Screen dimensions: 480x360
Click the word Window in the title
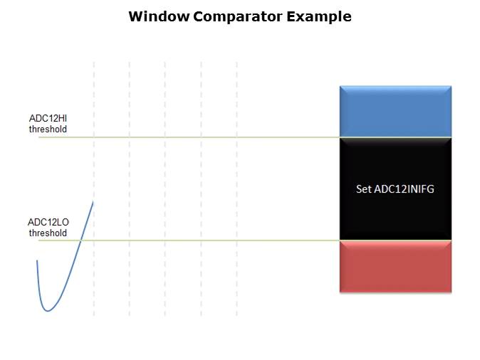pyautogui.click(x=160, y=16)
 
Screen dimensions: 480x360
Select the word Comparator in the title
pyautogui.click(x=238, y=17)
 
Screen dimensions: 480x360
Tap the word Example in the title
pyautogui.click(x=319, y=17)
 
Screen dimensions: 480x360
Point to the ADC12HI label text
pyautogui.click(x=48, y=118)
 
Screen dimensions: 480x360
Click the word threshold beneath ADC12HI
pyautogui.click(x=48, y=129)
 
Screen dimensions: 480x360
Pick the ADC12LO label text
pyautogui.click(x=48, y=222)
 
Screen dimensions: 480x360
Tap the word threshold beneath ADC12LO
pyautogui.click(x=48, y=233)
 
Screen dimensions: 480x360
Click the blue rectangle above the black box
pyautogui.click(x=395, y=111)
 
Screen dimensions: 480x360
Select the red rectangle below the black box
pyautogui.click(x=395, y=266)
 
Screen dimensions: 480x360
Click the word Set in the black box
pyautogui.click(x=364, y=189)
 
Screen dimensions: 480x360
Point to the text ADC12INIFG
pyautogui.click(x=404, y=189)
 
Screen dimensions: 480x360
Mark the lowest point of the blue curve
pyautogui.click(x=48, y=311)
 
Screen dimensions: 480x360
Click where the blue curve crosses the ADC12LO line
pyautogui.click(x=80, y=240)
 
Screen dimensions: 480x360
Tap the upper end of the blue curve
pyautogui.click(x=93, y=201)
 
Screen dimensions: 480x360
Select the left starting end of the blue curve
pyautogui.click(x=37, y=260)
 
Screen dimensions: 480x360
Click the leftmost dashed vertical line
pyautogui.click(x=94, y=189)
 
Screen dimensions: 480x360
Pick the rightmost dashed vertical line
pyautogui.click(x=236, y=189)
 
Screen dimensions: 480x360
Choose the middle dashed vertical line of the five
pyautogui.click(x=165, y=189)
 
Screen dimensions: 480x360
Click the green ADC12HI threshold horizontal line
pyautogui.click(x=189, y=137)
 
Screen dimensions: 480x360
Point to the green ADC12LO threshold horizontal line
pyautogui.click(x=189, y=240)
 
